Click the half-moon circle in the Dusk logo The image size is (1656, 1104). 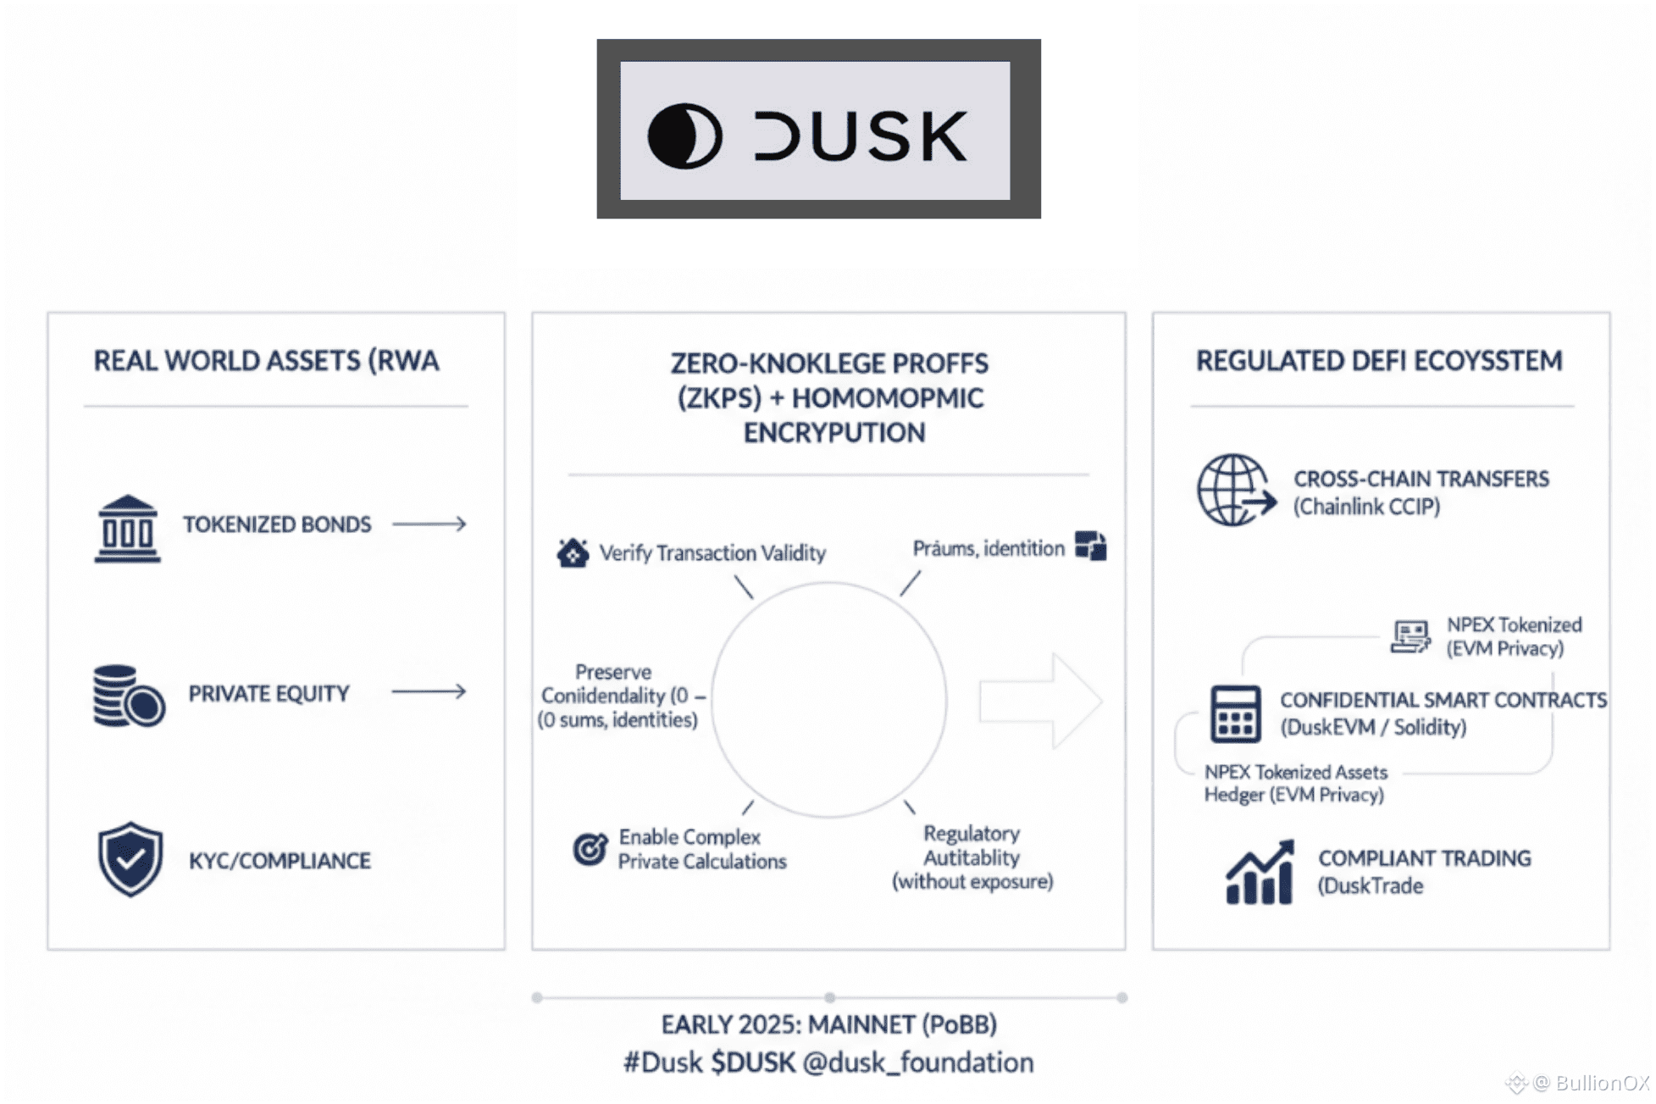pos(684,136)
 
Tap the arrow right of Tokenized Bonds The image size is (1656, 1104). pos(429,524)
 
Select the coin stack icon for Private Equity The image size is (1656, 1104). pos(128,696)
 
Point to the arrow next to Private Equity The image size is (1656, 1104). pos(429,692)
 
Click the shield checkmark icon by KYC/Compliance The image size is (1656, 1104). pos(130,858)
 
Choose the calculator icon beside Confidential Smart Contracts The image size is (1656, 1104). pos(1235,713)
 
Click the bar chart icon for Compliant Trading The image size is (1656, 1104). pos(1260,873)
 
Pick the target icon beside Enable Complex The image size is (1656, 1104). pos(590,848)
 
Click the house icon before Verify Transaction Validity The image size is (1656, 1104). pos(573,553)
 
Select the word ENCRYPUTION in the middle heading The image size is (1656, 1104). pos(834,433)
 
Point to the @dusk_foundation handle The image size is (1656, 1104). pos(918,1062)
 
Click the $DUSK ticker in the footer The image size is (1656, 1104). pos(753,1062)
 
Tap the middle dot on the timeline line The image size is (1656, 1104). pos(830,998)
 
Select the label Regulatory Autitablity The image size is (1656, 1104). pos(972,846)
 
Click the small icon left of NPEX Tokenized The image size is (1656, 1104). pos(1410,635)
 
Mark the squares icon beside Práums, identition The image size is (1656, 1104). pos(1091,546)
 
